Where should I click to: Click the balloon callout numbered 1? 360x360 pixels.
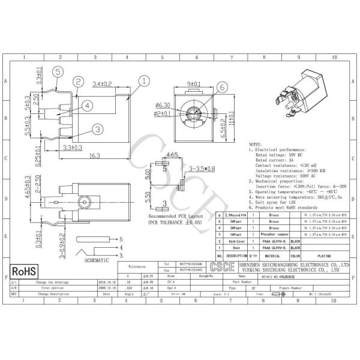[x=145, y=79]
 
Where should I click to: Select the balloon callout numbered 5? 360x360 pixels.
[x=58, y=71]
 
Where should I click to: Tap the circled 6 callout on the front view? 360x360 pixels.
[x=221, y=86]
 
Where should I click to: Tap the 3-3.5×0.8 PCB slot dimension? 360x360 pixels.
[x=202, y=170]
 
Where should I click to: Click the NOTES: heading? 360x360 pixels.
[x=256, y=145]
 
